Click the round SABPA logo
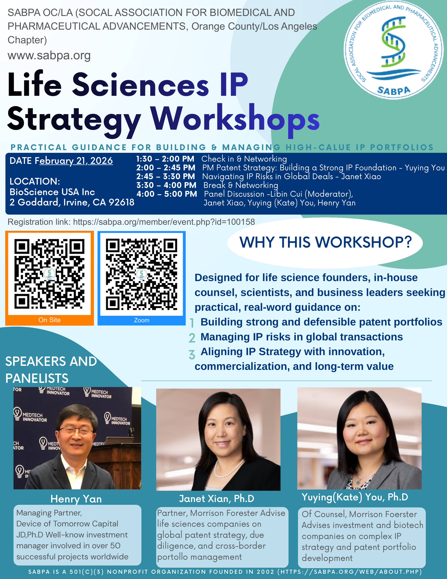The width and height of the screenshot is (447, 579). (x=394, y=50)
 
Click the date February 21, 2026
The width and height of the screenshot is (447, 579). (x=76, y=161)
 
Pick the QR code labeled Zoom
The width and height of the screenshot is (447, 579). (x=141, y=274)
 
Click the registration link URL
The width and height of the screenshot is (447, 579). (x=164, y=222)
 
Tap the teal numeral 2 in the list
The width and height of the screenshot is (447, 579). (x=192, y=338)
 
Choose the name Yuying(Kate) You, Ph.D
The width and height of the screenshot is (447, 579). (x=355, y=497)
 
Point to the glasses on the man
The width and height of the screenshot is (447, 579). (x=76, y=430)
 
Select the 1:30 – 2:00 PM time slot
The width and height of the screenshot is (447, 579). (x=165, y=159)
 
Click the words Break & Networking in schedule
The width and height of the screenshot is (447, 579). (x=241, y=185)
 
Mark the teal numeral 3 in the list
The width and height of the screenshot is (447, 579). (x=192, y=355)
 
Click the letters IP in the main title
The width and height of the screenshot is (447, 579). (x=234, y=85)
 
